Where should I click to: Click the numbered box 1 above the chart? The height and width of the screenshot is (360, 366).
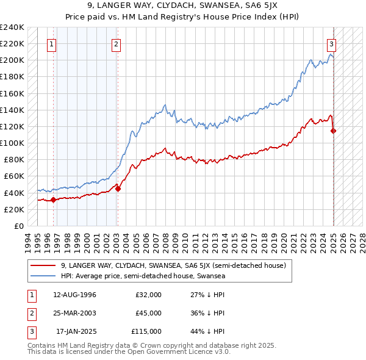[x=52, y=44]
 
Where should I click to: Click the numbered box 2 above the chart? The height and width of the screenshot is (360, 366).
[x=116, y=44]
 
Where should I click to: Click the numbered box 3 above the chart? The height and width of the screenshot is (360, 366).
[x=331, y=44]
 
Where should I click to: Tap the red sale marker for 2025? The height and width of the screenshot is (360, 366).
[x=334, y=131]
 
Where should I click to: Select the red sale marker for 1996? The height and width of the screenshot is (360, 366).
[x=54, y=199]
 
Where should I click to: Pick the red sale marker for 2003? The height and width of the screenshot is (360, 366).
[x=118, y=189]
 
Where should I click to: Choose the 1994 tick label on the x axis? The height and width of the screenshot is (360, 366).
[x=27, y=241]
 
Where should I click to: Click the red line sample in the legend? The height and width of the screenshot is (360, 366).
[x=44, y=265]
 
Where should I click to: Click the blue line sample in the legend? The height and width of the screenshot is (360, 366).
[x=44, y=276]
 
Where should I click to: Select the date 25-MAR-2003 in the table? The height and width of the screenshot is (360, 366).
[x=76, y=313]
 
